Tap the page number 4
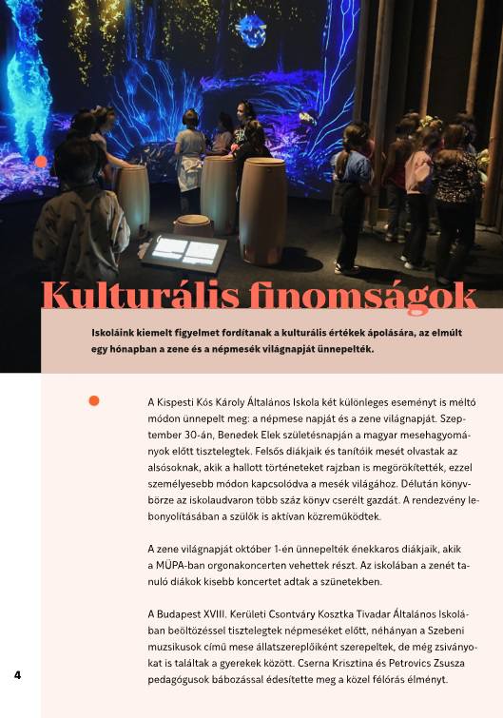17,674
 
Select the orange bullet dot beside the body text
93,400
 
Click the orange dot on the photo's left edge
41,162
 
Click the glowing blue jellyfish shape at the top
252,30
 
